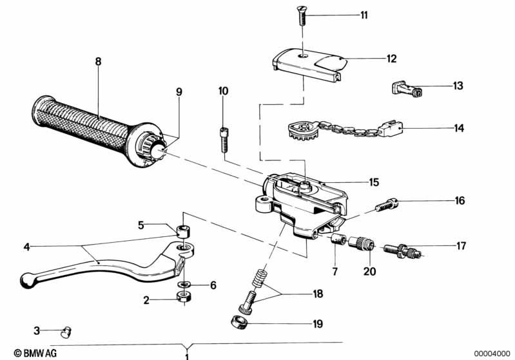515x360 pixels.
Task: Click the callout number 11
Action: click(x=364, y=15)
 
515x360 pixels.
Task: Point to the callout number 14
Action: click(x=458, y=128)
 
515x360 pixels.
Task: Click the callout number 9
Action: click(x=179, y=91)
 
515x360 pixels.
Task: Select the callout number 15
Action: click(x=374, y=182)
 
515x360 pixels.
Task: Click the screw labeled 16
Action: click(x=387, y=205)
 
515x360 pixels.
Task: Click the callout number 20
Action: click(x=368, y=272)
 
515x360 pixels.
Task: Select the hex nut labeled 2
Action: click(x=183, y=297)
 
